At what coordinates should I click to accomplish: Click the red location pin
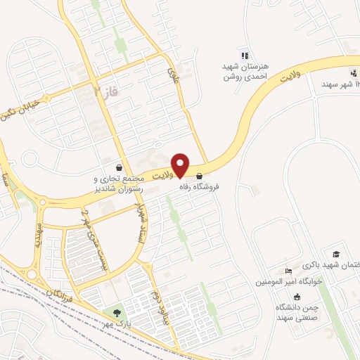coord(181,165)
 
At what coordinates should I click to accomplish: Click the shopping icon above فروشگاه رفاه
coord(200,176)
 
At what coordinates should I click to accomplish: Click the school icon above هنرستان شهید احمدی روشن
coord(244,56)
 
